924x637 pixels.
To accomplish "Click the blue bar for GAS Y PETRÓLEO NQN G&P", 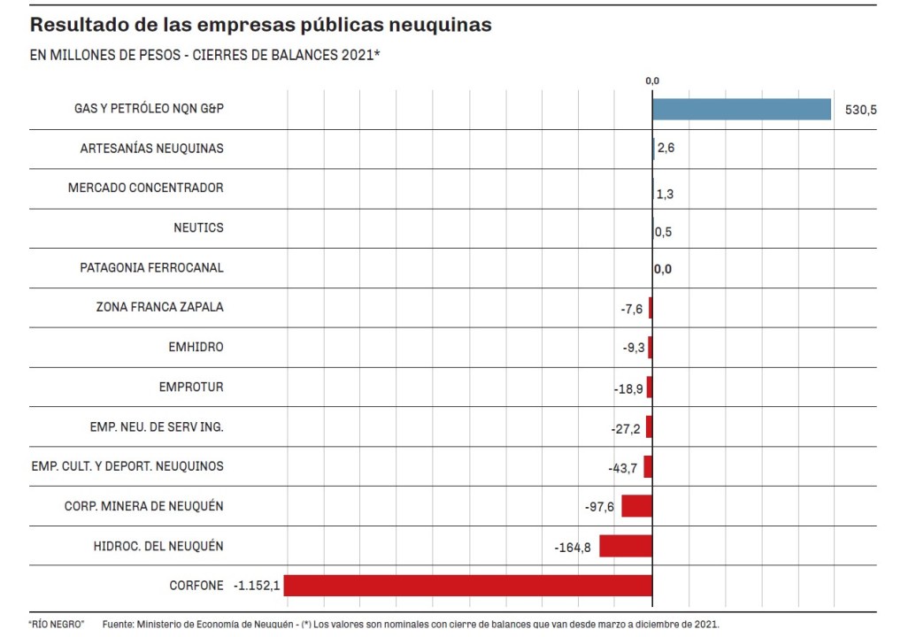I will tap(742, 109).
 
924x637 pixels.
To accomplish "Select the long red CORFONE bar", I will tap(467, 586).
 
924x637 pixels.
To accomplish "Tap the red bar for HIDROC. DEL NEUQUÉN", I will tap(625, 546).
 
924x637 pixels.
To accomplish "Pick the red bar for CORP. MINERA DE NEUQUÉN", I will tap(636, 506).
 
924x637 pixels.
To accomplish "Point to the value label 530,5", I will tap(861, 110).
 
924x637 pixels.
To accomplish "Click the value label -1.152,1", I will tap(257, 586).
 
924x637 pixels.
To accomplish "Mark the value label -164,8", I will tap(573, 548).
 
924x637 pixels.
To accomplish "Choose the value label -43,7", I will tap(622, 467).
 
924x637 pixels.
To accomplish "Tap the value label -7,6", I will tap(632, 309).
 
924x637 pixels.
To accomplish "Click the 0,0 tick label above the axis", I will tap(652, 81).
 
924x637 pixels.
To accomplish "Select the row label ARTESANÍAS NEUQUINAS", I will tap(151, 149).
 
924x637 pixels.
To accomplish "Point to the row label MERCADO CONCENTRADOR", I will tap(146, 188).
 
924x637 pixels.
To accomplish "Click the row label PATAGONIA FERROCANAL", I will tap(151, 267).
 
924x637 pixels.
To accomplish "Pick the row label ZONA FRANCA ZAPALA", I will tap(159, 307).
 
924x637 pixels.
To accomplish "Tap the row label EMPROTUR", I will tap(191, 387).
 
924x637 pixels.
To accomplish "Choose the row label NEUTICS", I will tap(198, 227).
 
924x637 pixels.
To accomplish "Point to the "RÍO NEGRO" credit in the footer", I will tap(56, 624).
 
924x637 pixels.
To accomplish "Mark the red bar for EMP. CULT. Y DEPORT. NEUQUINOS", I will tap(648, 466).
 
